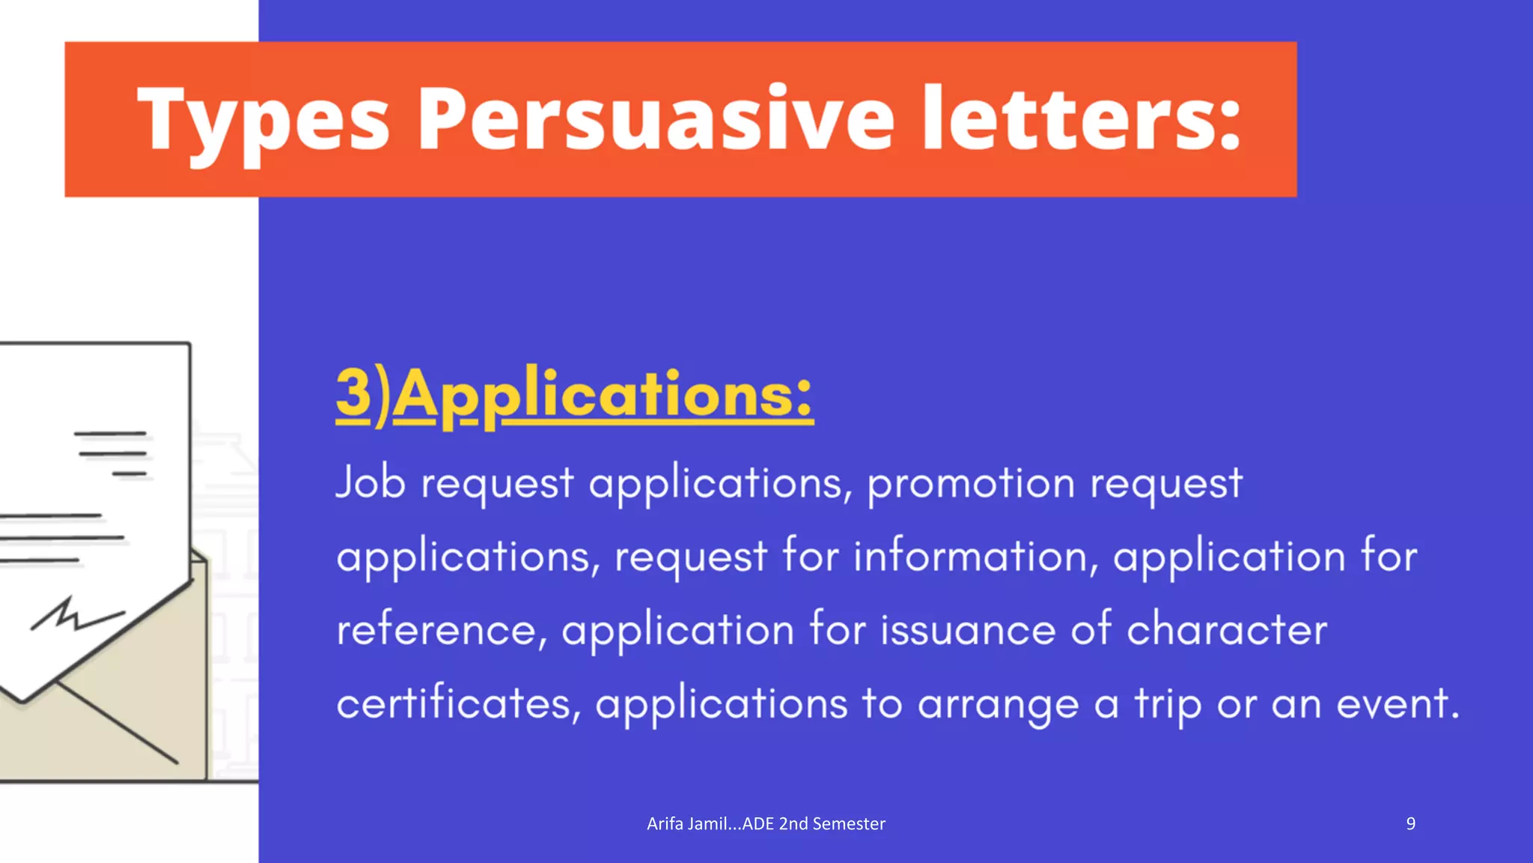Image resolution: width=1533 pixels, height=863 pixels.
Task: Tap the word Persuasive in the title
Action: (655, 118)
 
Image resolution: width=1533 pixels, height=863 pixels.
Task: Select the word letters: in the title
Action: (1081, 118)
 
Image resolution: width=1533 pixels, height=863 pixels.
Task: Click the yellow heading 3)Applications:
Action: (574, 396)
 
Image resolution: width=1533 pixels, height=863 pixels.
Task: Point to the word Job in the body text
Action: (371, 482)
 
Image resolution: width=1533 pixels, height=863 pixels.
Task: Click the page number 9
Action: (1410, 824)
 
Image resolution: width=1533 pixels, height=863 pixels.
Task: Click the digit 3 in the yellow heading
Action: (353, 393)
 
